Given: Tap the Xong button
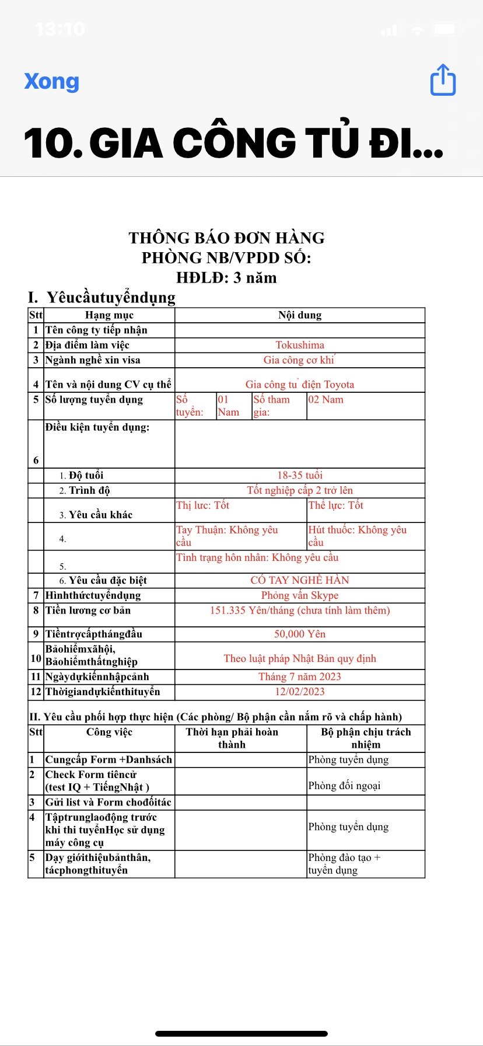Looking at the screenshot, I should point(51,81).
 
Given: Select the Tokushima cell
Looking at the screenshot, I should point(300,345).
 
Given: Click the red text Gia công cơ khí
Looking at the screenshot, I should point(299,360).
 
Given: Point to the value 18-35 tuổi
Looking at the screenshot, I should point(300,475).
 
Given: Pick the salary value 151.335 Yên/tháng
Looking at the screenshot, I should point(300,611).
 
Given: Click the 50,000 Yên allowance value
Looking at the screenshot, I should point(300,634).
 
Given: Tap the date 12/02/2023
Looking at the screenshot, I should point(300,692).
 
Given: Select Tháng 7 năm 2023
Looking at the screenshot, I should point(300,677).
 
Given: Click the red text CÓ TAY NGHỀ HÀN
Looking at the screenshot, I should point(300,580).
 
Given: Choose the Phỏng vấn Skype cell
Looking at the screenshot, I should point(300,595).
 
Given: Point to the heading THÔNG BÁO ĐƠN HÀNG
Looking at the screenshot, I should point(226,238).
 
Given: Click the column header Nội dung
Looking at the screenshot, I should point(300,315).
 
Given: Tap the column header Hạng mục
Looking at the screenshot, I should point(109,315).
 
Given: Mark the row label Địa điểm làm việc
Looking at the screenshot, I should point(87,345).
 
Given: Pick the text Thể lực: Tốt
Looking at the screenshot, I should point(336,505).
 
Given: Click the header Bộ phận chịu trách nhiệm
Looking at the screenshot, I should point(366,738).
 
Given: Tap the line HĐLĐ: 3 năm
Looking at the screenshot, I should point(226,278).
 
